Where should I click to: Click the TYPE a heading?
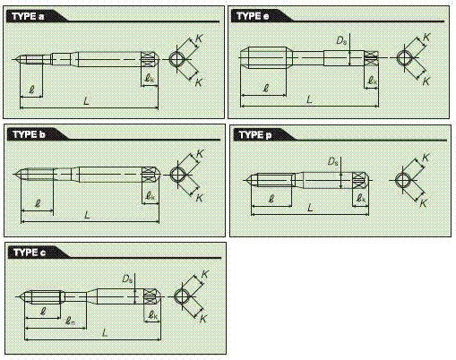28,16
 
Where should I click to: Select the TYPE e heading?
253,16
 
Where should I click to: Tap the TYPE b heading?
29,134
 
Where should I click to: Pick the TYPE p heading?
255,135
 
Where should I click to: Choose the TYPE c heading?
30,253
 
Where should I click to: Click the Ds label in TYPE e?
341,40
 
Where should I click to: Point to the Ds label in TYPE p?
333,162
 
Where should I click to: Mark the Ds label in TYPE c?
127,279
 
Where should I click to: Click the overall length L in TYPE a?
86,100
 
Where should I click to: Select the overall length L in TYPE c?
105,332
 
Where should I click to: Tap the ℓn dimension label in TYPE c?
70,321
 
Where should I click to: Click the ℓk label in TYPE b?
151,196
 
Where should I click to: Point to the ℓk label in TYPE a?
150,78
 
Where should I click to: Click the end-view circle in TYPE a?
176,59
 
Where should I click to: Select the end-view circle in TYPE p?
402,180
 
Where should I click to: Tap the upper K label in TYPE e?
426,38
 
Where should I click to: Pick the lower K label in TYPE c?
203,319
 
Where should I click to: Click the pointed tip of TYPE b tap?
14,175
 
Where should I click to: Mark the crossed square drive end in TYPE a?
148,59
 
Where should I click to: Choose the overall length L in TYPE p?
310,207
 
